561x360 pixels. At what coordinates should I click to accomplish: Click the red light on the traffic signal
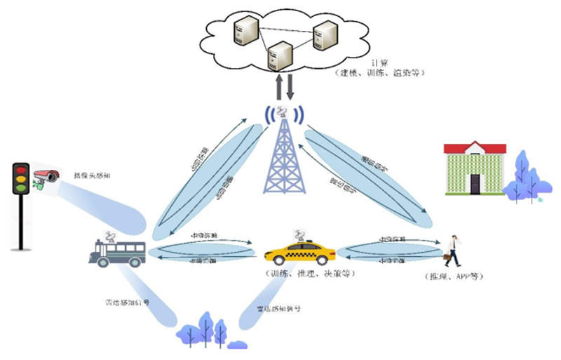(20, 170)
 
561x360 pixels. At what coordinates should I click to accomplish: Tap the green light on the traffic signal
(20, 188)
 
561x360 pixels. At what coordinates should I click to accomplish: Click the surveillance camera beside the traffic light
(46, 175)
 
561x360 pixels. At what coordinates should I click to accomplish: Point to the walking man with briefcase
(454, 251)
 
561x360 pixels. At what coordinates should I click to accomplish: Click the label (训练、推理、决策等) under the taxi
(302, 274)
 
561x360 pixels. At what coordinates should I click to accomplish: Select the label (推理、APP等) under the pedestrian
(455, 276)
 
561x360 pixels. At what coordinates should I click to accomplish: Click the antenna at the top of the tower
(283, 112)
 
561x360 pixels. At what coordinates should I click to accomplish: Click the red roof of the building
(475, 147)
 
